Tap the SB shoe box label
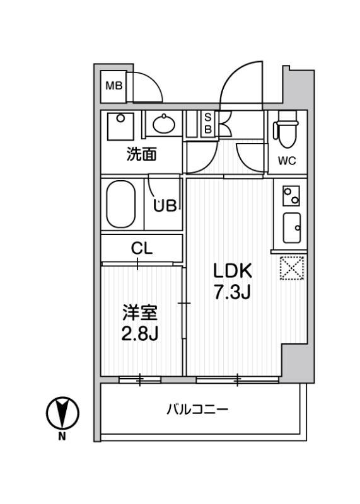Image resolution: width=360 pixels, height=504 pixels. (x=207, y=122)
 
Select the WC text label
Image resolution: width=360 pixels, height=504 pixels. (x=287, y=161)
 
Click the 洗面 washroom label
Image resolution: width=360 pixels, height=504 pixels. (x=141, y=154)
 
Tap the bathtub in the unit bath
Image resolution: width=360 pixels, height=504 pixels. (x=121, y=204)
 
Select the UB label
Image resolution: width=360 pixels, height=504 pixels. (x=166, y=205)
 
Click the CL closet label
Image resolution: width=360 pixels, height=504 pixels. (x=141, y=248)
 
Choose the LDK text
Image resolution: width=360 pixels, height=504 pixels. (x=232, y=271)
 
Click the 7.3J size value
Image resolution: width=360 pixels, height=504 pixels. (x=232, y=293)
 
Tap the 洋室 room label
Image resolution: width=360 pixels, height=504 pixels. (x=139, y=312)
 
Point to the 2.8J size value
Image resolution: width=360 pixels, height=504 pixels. (x=139, y=333)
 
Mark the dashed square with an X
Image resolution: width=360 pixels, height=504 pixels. (x=292, y=268)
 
